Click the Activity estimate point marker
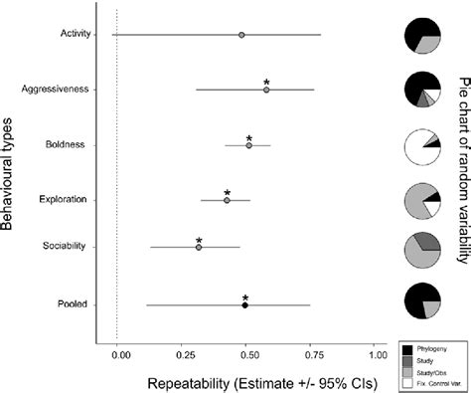coord(241,35)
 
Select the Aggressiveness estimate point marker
coord(266,90)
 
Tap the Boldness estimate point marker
coord(248,145)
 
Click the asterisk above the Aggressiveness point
coord(266,81)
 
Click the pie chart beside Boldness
coord(420,145)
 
